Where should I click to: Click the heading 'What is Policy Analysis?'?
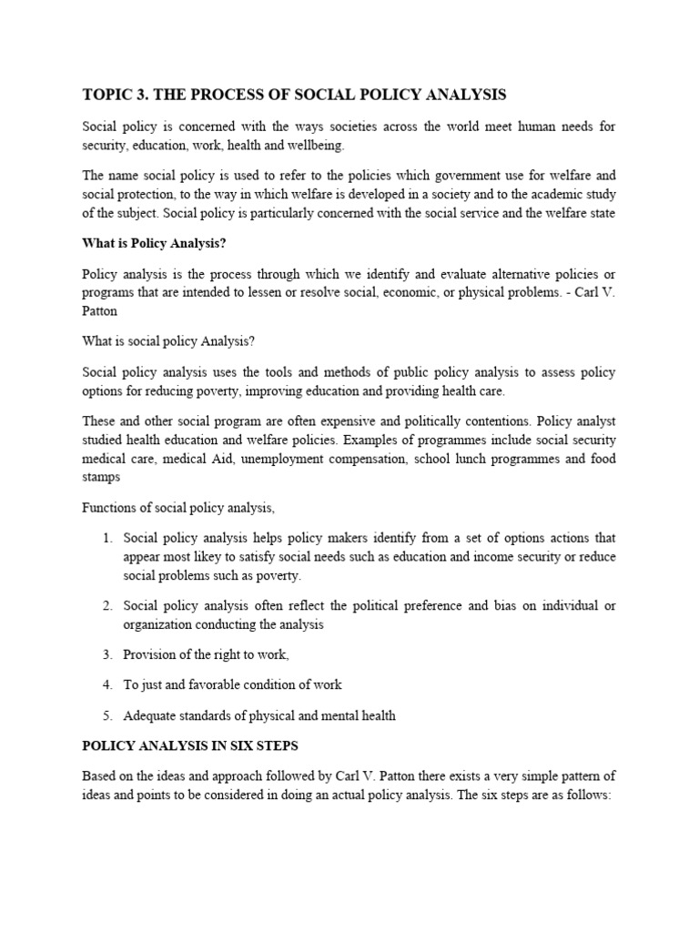pyautogui.click(x=152, y=244)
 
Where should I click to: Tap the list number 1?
pyautogui.click(x=106, y=538)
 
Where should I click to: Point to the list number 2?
pyautogui.click(x=106, y=606)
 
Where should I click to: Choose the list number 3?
pyautogui.click(x=106, y=654)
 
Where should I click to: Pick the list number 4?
pyautogui.click(x=106, y=684)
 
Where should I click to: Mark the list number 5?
pyautogui.click(x=106, y=715)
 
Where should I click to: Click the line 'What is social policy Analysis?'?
pyautogui.click(x=168, y=341)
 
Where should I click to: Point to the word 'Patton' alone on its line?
pyautogui.click(x=99, y=310)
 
